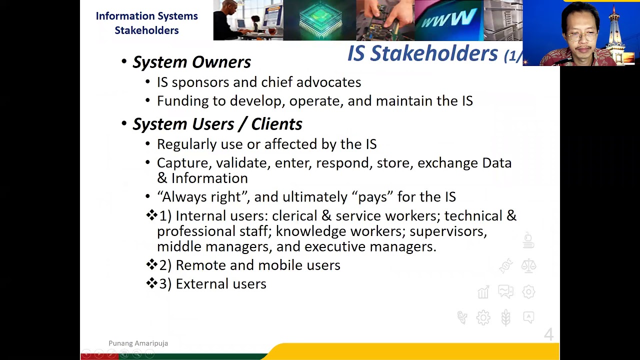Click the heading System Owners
pos(191,62)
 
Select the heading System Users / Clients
pos(217,124)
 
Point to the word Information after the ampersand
pos(209,178)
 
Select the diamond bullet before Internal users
pos(151,215)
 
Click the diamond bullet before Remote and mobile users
pos(151,264)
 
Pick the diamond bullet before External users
pos(151,283)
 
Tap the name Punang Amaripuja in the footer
pos(138,343)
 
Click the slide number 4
pos(548,334)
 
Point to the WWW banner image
pos(448,20)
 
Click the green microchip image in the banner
pos(320,20)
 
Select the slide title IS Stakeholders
pos(422,53)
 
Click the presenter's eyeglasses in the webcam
pos(581,36)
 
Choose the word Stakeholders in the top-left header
pos(146,30)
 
